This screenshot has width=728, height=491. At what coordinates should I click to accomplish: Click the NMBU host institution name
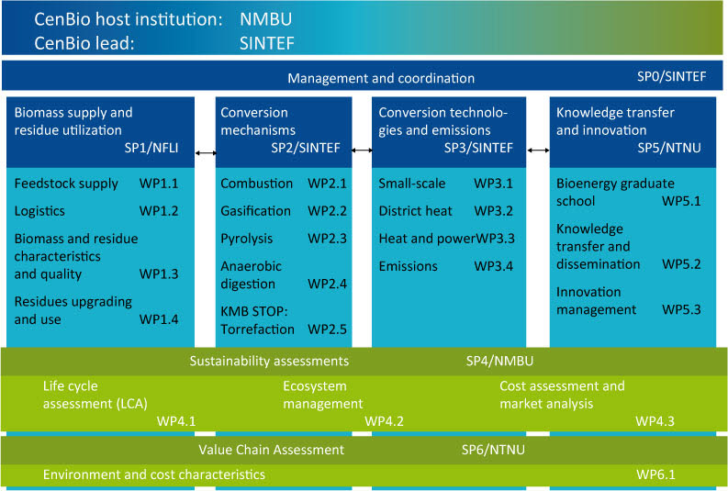(263, 18)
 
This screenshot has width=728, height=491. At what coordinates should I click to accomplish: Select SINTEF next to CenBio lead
(267, 42)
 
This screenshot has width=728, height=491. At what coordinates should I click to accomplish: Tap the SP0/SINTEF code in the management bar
(672, 77)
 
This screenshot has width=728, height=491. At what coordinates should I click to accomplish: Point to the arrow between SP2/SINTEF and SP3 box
(363, 149)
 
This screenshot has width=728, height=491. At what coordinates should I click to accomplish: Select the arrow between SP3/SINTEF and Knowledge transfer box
(537, 149)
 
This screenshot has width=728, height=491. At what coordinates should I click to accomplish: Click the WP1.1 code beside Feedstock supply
(159, 184)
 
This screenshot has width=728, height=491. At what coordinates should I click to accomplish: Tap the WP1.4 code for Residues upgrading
(159, 319)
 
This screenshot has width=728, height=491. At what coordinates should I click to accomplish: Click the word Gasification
(255, 210)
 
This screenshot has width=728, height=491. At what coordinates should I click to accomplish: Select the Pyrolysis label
(246, 238)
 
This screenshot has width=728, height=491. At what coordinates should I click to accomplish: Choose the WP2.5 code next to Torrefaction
(328, 329)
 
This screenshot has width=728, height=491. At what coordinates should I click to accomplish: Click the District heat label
(415, 210)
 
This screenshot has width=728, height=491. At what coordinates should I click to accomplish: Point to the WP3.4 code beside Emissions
(493, 265)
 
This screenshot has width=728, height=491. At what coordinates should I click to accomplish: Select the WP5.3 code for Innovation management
(682, 309)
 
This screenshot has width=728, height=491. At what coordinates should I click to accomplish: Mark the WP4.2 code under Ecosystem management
(385, 421)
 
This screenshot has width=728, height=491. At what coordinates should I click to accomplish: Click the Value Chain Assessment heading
(271, 450)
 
